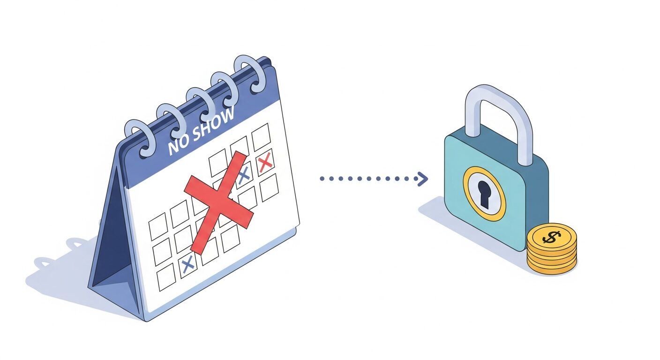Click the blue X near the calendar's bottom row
pos(187,264)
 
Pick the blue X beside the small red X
pos(244,176)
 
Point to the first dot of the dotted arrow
pos(322,179)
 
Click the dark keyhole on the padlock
pos(484,194)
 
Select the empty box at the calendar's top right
pos(261,137)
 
